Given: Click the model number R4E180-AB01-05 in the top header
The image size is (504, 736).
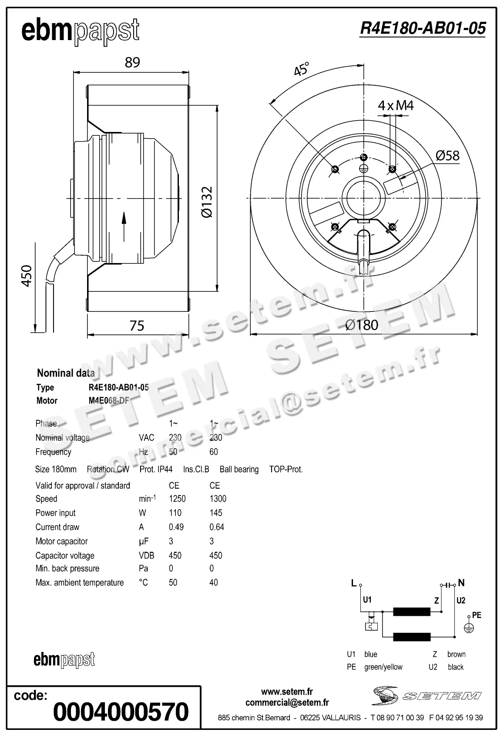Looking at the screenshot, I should click(422, 28).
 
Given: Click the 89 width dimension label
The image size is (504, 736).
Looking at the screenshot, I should click(132, 62).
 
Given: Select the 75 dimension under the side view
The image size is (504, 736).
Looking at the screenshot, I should click(137, 326).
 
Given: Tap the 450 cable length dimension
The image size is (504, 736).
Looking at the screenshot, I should click(27, 275).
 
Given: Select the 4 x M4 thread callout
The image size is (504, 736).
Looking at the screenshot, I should click(395, 105).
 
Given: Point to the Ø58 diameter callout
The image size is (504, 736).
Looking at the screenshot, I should click(447, 155).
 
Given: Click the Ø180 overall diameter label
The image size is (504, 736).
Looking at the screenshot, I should click(361, 325).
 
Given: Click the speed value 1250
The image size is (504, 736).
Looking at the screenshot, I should click(177, 499).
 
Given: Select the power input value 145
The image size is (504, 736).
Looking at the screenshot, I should click(216, 513).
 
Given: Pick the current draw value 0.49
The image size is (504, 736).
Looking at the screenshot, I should click(176, 527).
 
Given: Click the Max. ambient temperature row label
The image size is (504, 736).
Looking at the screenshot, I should click(80, 583).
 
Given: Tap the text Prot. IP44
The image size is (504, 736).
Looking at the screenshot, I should click(156, 469).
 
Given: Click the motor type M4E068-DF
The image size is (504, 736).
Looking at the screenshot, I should click(109, 401).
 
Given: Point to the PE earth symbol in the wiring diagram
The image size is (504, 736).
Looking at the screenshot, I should click(468, 628).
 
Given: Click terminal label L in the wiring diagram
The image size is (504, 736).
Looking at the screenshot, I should click(354, 583).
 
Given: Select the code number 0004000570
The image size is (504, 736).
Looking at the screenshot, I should click(121, 712).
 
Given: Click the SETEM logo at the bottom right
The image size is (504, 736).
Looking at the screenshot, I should click(427, 695).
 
